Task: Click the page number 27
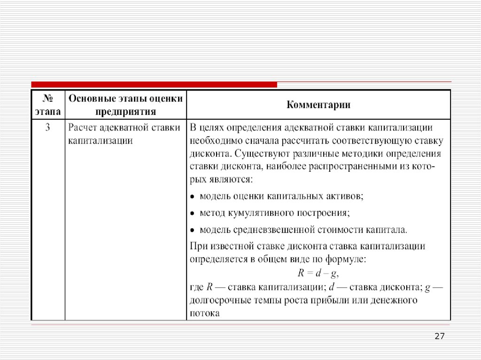tap(440, 336)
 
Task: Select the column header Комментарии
tap(318, 105)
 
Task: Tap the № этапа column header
tap(47, 105)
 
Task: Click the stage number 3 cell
tap(47, 128)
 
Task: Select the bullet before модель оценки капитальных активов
tap(193, 196)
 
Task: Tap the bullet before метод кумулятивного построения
tap(193, 213)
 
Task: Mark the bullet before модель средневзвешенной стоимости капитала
tap(193, 230)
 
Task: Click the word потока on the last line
tap(205, 312)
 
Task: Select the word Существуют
tap(257, 153)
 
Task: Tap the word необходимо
tap(214, 140)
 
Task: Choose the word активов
tap(347, 196)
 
